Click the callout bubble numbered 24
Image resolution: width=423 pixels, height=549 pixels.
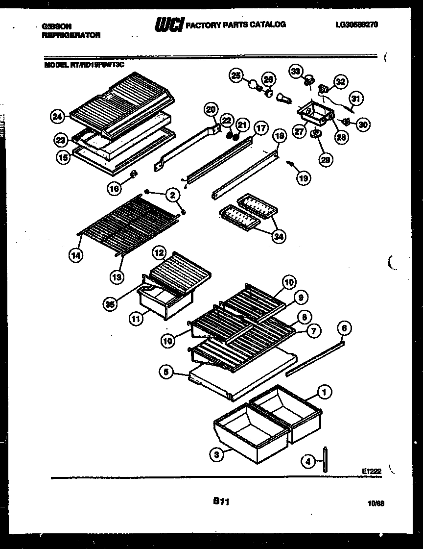coord(58,117)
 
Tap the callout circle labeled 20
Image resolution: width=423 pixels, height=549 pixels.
coord(211,110)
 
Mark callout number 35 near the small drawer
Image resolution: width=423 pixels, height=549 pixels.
coord(110,304)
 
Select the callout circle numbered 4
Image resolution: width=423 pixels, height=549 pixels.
coord(307,461)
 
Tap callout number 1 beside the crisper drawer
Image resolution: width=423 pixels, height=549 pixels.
coord(324,392)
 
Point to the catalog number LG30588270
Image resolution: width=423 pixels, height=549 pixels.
coord(357,24)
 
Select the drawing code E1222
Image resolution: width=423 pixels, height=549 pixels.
coord(372,471)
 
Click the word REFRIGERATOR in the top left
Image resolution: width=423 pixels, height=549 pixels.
coord(71,35)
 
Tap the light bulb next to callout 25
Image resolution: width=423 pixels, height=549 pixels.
coord(254,86)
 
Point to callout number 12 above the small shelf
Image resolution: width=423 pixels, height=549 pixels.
coord(159,253)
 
